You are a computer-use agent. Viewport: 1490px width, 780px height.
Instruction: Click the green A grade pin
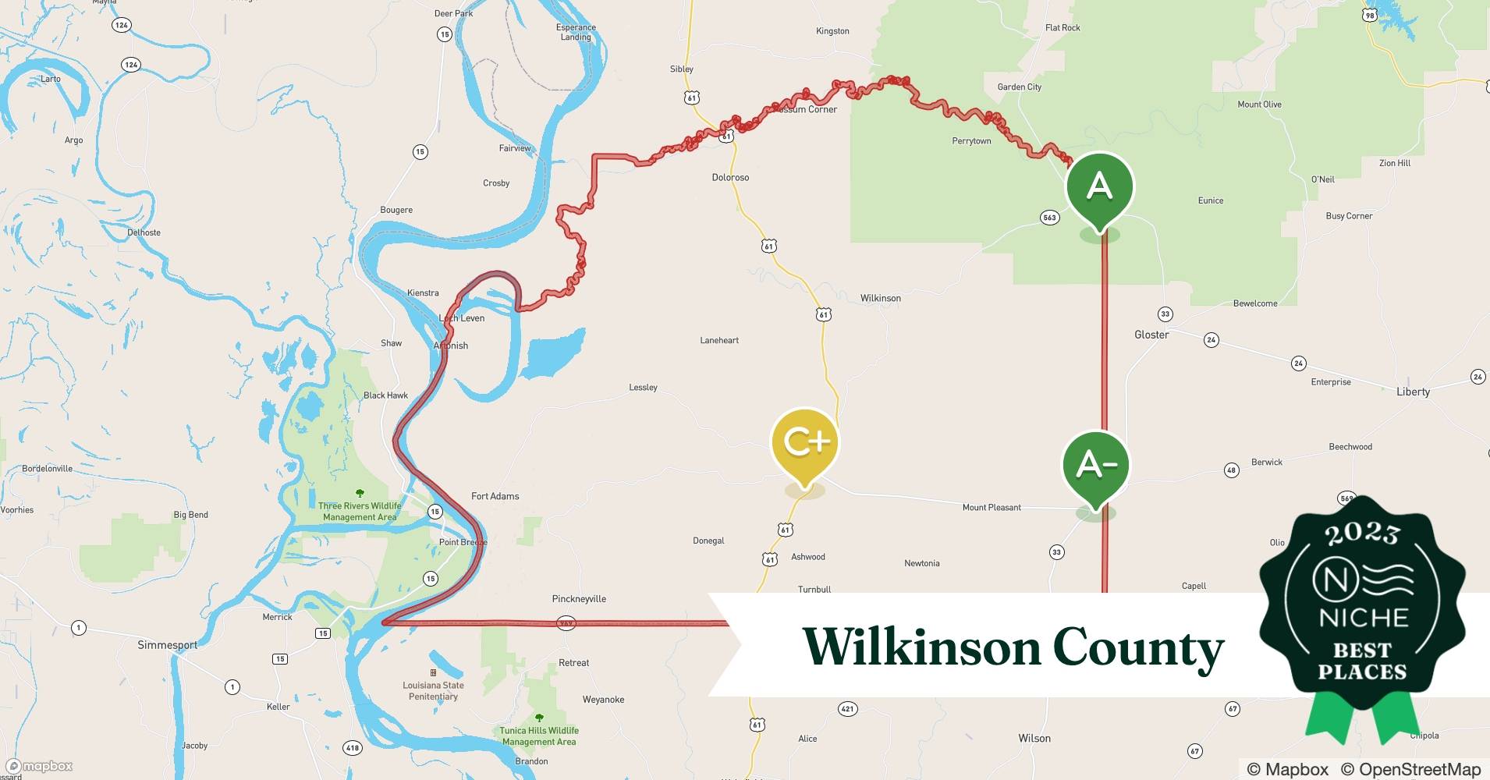tap(1099, 188)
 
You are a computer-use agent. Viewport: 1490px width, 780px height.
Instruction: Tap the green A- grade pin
tap(1096, 466)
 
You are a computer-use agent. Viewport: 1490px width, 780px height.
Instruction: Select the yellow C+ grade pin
tap(804, 443)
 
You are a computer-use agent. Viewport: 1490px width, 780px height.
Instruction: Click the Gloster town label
tap(1151, 335)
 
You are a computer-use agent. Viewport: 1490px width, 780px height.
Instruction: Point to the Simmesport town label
tap(168, 645)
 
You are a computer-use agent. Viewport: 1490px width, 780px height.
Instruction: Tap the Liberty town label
tap(1413, 392)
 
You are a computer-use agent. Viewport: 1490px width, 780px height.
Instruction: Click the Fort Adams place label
tap(495, 496)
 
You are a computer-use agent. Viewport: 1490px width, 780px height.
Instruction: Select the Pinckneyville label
tap(579, 599)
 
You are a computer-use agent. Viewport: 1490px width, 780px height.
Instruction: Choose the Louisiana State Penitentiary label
tap(433, 690)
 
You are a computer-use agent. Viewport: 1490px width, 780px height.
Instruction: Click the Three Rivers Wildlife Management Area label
tap(360, 511)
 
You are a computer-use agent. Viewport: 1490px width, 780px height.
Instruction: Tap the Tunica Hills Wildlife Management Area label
tap(539, 736)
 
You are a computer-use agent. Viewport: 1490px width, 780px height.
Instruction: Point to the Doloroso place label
tap(730, 177)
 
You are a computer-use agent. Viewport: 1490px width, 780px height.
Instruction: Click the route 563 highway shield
tap(1049, 218)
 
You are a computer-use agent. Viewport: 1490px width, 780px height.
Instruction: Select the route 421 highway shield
tap(847, 709)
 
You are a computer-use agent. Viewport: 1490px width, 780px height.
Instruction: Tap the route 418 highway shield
tap(353, 748)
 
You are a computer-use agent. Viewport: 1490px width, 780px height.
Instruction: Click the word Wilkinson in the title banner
tap(921, 648)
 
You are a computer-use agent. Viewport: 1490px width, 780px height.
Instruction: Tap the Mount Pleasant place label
tap(992, 508)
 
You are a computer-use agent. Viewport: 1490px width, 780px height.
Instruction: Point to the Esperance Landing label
tap(576, 32)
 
